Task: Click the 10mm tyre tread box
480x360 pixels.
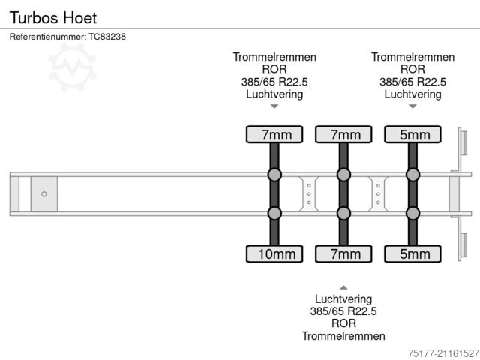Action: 274,253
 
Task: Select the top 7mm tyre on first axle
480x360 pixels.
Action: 274,135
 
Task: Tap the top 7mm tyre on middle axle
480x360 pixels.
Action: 343,135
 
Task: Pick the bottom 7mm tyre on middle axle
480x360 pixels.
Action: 343,253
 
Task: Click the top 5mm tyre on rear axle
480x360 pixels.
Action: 412,135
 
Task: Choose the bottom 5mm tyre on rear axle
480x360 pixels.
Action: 412,253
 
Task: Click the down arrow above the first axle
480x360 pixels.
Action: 274,106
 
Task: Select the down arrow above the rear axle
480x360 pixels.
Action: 412,106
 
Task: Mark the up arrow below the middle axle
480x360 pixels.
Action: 343,286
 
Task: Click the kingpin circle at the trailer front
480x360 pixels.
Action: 44,194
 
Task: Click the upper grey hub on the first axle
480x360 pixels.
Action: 274,175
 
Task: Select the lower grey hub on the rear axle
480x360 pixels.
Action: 412,214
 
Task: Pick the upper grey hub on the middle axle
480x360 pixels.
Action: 343,175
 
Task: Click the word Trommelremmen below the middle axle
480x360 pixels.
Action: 343,336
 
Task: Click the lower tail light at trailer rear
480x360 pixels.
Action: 463,246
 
